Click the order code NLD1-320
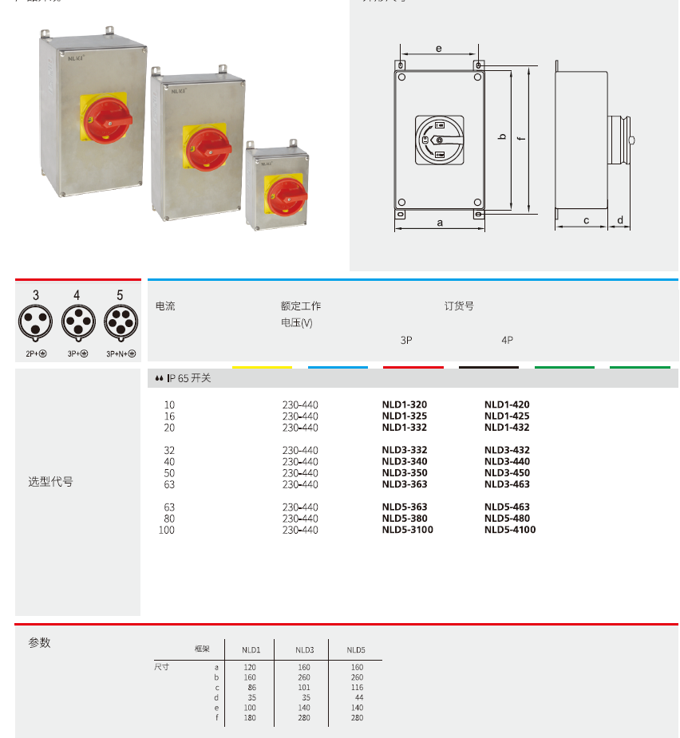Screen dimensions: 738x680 click(x=404, y=405)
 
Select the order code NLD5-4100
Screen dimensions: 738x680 click(x=509, y=530)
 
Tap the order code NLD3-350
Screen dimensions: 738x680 click(x=404, y=473)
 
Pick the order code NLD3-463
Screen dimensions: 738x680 click(x=506, y=484)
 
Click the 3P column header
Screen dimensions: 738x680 click(x=406, y=340)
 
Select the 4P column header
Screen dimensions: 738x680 click(x=508, y=340)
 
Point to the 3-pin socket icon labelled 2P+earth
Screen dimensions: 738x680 click(x=36, y=322)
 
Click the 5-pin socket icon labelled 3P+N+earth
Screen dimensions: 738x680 click(x=121, y=322)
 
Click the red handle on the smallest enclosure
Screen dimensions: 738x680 click(x=287, y=195)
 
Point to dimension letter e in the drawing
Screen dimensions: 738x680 click(x=438, y=49)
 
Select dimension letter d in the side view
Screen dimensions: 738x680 click(x=619, y=220)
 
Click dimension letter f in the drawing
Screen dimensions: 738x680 click(x=520, y=139)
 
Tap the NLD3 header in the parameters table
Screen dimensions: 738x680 click(x=304, y=650)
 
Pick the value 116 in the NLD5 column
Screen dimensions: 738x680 click(x=356, y=687)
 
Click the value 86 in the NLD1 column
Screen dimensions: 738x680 click(x=251, y=687)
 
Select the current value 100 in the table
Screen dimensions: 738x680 click(x=166, y=530)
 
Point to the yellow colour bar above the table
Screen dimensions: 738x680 click(x=262, y=367)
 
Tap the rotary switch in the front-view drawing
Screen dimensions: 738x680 click(x=439, y=140)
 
